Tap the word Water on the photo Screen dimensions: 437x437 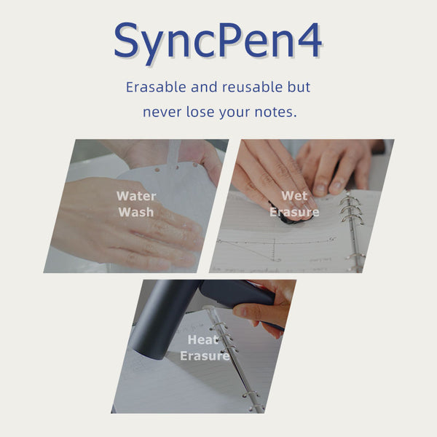pyautogui.click(x=135, y=195)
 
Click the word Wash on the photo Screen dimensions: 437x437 pyautogui.click(x=135, y=212)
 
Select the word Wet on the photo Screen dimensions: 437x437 pyautogui.click(x=294, y=195)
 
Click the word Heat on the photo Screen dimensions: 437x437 pyautogui.click(x=203, y=339)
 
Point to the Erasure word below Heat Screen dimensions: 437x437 pyautogui.click(x=204, y=356)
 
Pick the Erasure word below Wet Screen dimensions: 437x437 pyautogui.click(x=294, y=212)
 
